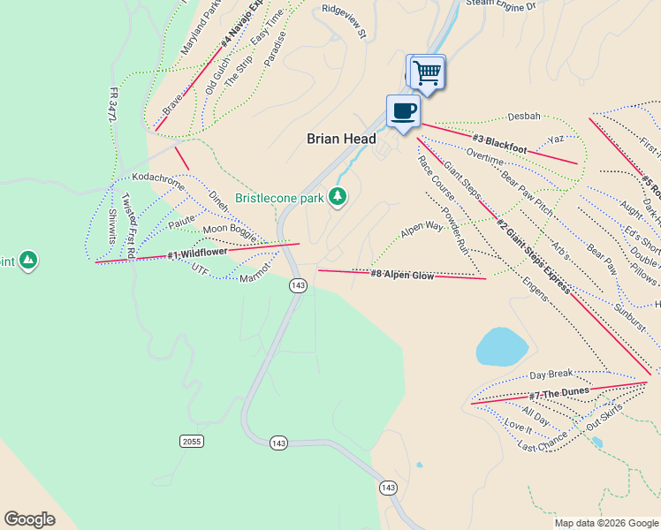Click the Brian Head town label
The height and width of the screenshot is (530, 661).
pyautogui.click(x=341, y=139)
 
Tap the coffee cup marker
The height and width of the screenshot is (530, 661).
pyautogui.click(x=403, y=111)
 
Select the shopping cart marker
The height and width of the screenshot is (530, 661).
pyautogui.click(x=428, y=72)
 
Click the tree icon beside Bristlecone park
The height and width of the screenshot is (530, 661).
pyautogui.click(x=337, y=196)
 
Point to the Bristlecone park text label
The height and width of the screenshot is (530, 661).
pyautogui.click(x=279, y=198)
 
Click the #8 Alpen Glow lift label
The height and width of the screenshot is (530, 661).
pyautogui.click(x=401, y=275)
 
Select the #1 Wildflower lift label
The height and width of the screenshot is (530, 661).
pyautogui.click(x=197, y=254)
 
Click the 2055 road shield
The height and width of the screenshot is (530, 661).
pyautogui.click(x=190, y=441)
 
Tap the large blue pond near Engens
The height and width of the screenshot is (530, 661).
pyautogui.click(x=502, y=345)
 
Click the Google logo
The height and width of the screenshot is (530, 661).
pyautogui.click(x=29, y=519)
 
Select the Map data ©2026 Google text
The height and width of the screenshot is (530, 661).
pyautogui.click(x=605, y=523)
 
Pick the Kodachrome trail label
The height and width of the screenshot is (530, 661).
pyautogui.click(x=158, y=178)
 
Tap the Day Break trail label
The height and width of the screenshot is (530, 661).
pyautogui.click(x=551, y=375)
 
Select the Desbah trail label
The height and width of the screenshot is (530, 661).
pyautogui.click(x=523, y=116)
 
